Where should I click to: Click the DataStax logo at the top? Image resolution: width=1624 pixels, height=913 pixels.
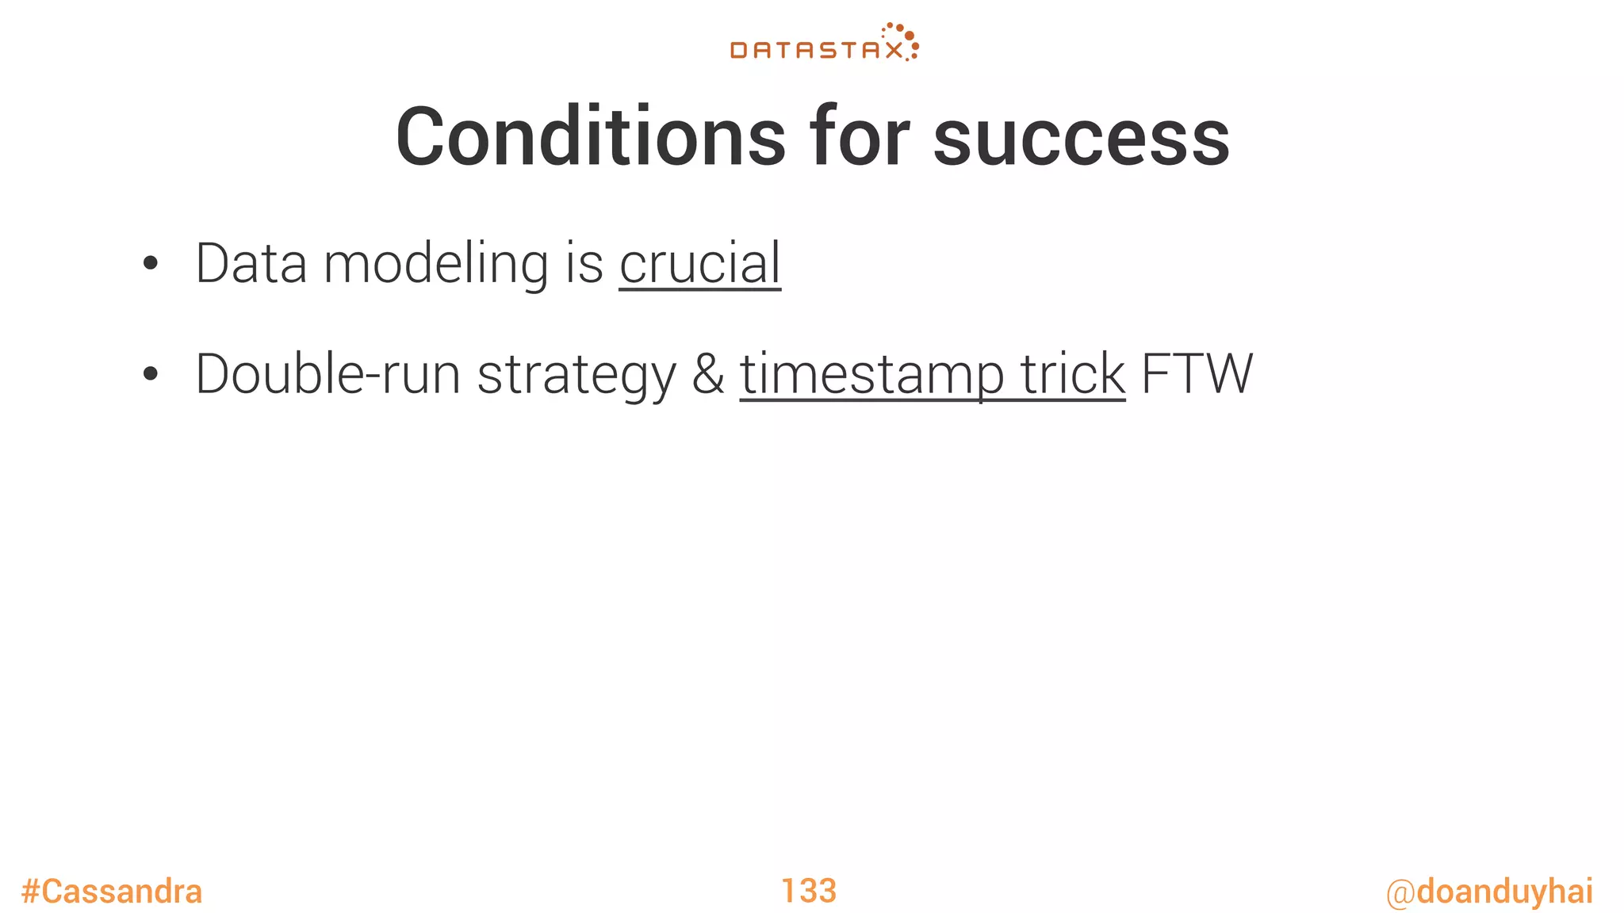pos(823,44)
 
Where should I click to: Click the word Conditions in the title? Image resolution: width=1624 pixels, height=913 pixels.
pos(591,138)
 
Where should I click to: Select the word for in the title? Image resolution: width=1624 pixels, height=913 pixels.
pos(860,138)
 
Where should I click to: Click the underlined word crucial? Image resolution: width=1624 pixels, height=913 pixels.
pos(700,264)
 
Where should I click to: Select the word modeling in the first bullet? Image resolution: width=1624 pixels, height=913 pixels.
pos(435,265)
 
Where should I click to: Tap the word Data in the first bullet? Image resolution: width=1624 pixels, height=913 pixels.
pos(251,264)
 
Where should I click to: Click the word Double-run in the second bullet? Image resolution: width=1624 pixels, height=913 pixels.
pos(327,374)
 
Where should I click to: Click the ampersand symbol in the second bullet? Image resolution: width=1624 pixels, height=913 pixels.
pos(708,374)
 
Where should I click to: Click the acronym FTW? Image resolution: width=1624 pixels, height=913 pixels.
pos(1197,374)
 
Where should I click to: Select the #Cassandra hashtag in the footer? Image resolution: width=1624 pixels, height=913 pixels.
pos(112,892)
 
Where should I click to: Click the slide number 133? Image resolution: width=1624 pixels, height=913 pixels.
pos(809,891)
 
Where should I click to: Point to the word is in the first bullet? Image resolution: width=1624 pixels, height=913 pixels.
pos(584,264)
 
